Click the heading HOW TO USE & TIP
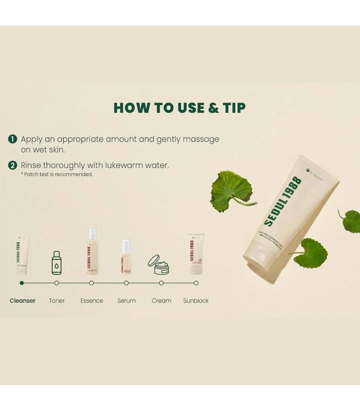[179, 108]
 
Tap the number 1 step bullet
[13, 139]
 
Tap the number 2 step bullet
[13, 165]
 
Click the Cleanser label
[23, 301]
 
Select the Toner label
[57, 301]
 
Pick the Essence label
[92, 301]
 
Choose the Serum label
[127, 301]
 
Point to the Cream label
[161, 301]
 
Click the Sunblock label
[196, 301]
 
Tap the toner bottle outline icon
[57, 263]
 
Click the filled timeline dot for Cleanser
[22, 283]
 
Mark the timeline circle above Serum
[127, 283]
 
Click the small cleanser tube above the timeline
[22, 255]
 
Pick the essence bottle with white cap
[92, 251]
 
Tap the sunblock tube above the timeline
[195, 254]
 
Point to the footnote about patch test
[57, 175]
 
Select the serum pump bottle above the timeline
[126, 256]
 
